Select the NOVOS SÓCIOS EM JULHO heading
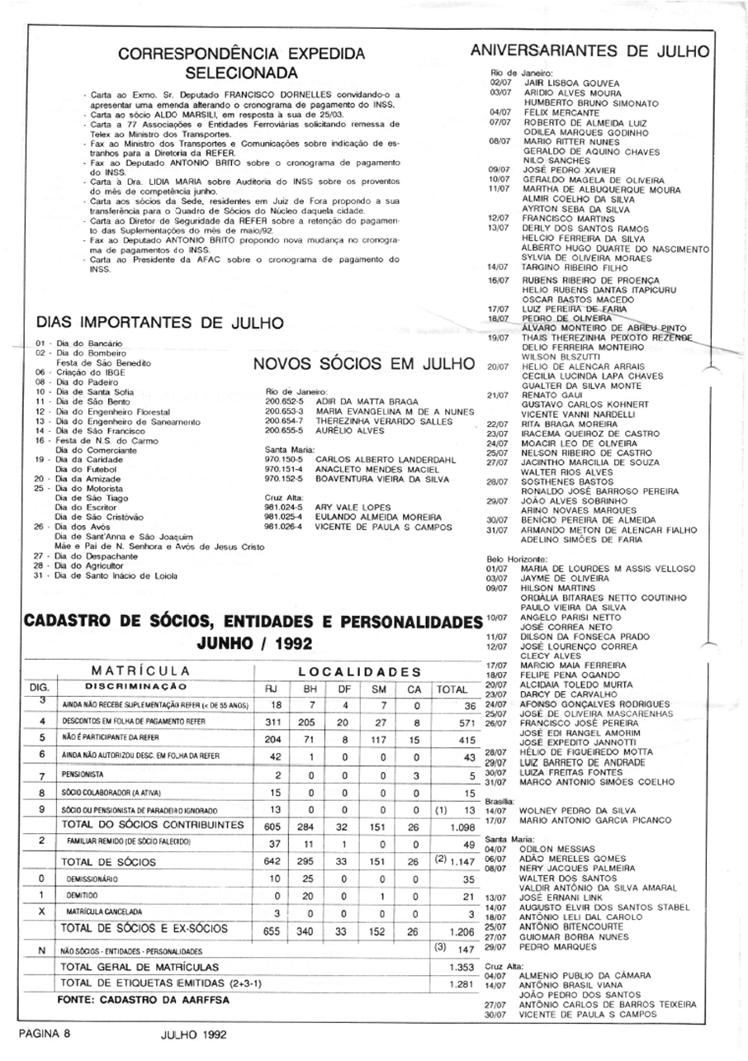363,364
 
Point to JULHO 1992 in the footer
193,1033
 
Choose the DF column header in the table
345,688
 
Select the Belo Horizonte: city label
518,559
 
